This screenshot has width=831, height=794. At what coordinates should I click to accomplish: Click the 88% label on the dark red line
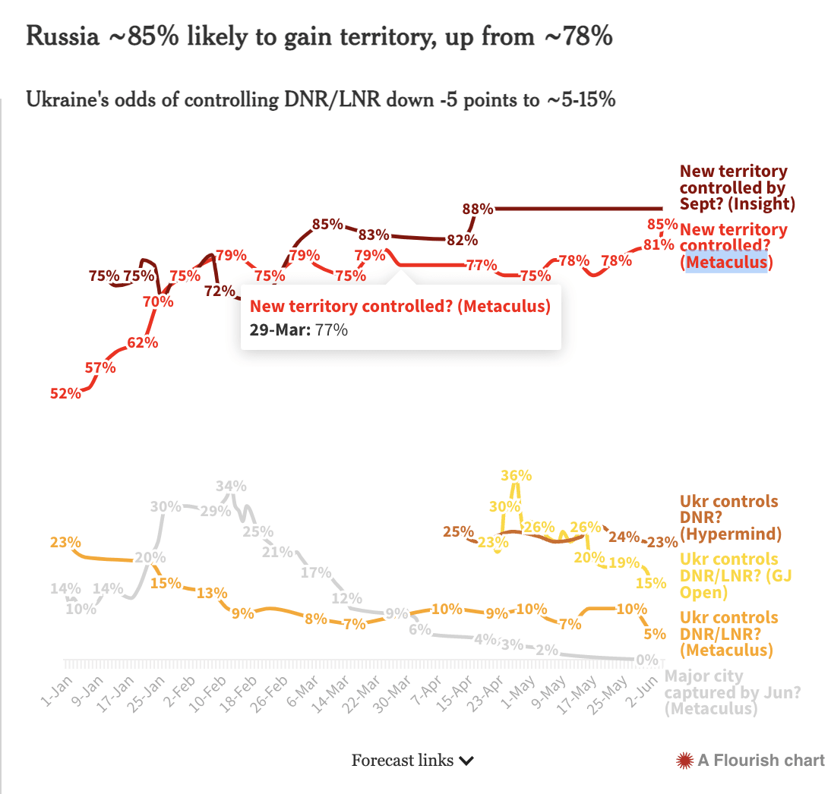click(x=479, y=208)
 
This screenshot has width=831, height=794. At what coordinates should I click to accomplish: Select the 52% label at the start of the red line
click(x=66, y=393)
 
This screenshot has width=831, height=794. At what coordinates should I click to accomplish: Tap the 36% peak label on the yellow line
click(x=517, y=475)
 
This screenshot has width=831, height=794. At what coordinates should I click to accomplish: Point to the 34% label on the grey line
click(x=231, y=486)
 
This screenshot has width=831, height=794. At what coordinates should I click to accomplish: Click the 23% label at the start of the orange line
click(x=66, y=542)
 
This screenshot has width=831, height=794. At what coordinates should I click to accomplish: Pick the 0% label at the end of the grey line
click(x=647, y=660)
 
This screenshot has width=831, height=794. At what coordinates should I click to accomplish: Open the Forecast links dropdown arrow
click(x=467, y=761)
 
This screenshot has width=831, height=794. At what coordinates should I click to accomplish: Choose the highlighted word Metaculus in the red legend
click(x=727, y=262)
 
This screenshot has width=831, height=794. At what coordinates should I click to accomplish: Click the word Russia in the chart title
click(x=62, y=36)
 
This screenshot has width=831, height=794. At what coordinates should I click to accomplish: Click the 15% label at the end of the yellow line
click(x=650, y=583)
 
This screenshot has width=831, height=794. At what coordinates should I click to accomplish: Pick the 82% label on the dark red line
click(x=462, y=240)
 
